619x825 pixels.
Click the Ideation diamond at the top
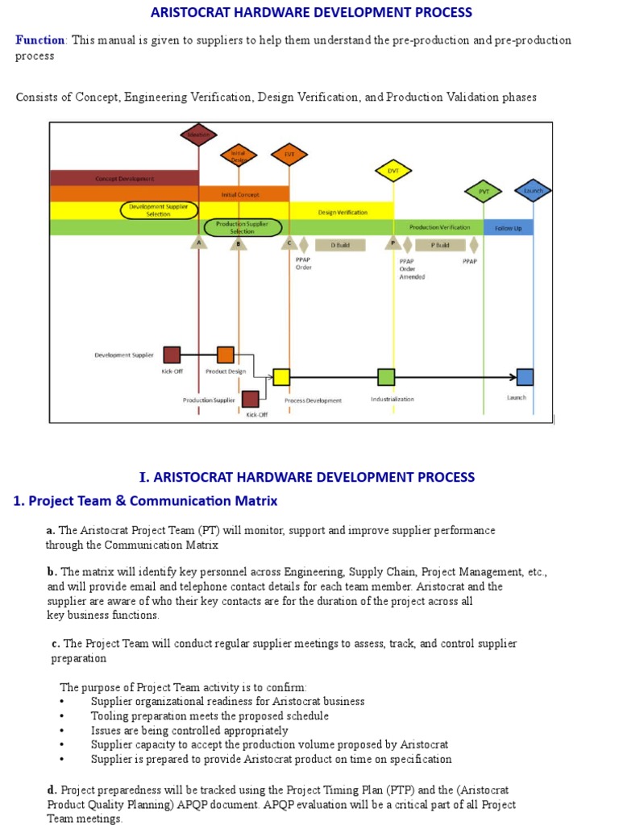[198, 135]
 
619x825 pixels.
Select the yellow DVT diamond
[393, 171]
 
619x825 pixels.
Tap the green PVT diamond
[484, 192]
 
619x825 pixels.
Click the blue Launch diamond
[533, 191]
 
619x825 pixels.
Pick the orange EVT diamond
[289, 154]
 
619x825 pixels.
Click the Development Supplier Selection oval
[159, 210]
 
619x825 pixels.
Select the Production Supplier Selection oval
[242, 227]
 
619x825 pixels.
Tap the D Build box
[343, 245]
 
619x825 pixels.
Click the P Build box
[440, 245]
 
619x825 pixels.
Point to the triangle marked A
[198, 243]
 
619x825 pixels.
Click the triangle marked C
[289, 243]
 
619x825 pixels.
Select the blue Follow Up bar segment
[508, 228]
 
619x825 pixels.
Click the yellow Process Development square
[281, 376]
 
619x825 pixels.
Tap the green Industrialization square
[386, 376]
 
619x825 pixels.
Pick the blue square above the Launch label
[525, 376]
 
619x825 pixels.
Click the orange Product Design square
[226, 354]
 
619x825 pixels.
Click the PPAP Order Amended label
[412, 269]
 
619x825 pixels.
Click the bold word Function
[40, 40]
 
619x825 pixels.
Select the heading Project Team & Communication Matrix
[146, 501]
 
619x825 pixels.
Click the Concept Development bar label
[125, 178]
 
